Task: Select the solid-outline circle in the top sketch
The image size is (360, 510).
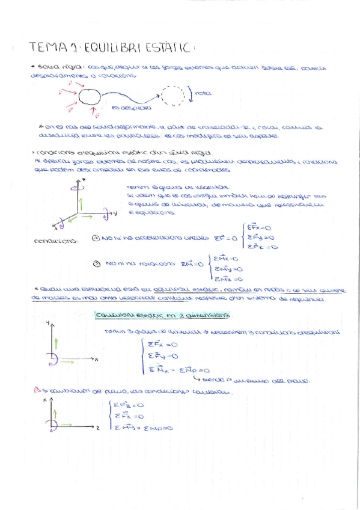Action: [92, 97]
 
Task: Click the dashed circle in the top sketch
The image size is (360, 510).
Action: [172, 95]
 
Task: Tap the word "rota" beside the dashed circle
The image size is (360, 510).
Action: [202, 93]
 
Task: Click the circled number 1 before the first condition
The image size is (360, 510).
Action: [96, 239]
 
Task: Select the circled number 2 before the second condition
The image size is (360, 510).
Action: [96, 263]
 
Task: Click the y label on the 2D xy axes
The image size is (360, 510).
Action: [47, 324]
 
